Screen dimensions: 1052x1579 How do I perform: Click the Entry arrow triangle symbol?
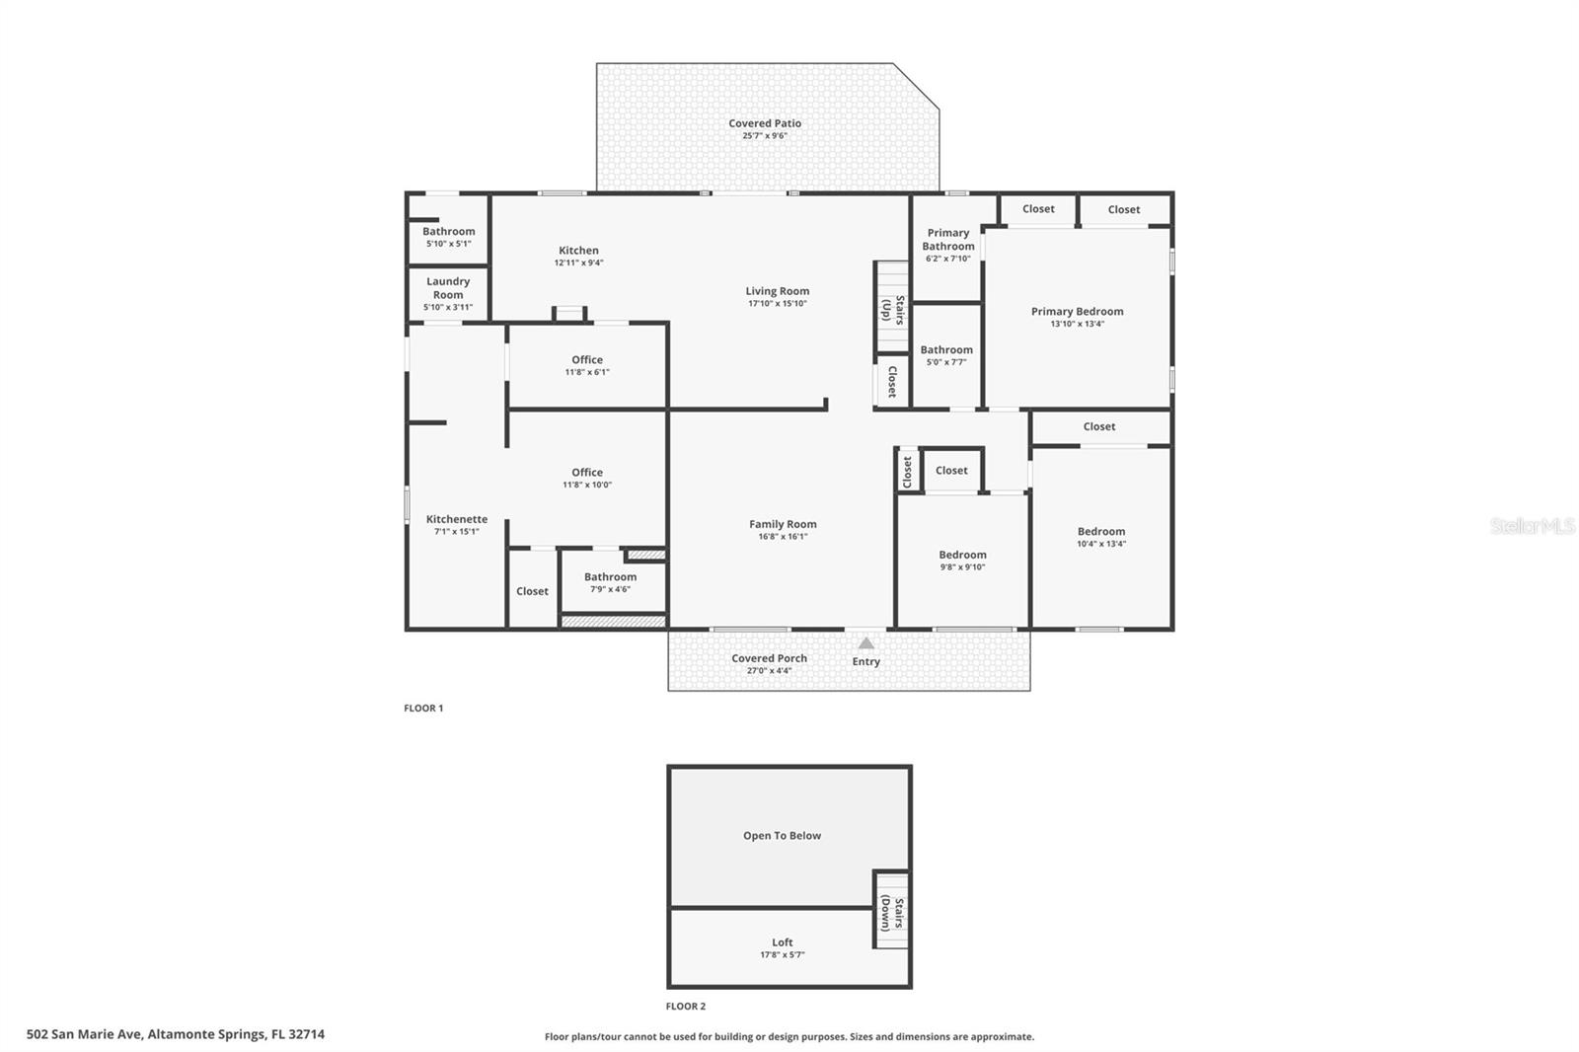pyautogui.click(x=865, y=643)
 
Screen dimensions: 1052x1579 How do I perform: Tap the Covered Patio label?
pyautogui.click(x=765, y=123)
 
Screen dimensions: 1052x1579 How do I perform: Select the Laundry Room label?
pyautogui.click(x=448, y=288)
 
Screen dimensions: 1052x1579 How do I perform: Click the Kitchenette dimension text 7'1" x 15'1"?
pyautogui.click(x=457, y=532)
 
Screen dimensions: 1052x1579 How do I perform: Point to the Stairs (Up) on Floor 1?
pyautogui.click(x=892, y=308)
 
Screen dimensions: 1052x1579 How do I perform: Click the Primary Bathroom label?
pyautogui.click(x=948, y=240)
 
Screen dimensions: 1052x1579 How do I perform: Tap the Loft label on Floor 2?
pyautogui.click(x=783, y=942)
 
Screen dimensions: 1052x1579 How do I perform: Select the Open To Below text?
pyautogui.click(x=782, y=836)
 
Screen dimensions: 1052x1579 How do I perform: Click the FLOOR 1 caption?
pyautogui.click(x=423, y=709)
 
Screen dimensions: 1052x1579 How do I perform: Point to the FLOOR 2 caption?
pyautogui.click(x=686, y=1007)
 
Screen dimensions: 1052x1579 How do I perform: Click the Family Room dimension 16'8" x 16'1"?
pyautogui.click(x=783, y=537)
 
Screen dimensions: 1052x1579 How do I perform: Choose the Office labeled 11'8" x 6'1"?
pyautogui.click(x=587, y=360)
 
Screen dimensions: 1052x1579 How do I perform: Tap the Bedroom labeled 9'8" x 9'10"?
pyautogui.click(x=962, y=555)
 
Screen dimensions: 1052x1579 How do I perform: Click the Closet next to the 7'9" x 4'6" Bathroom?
pyautogui.click(x=532, y=591)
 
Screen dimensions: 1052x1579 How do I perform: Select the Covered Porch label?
pyautogui.click(x=769, y=658)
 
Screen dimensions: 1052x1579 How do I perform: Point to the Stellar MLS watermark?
pyautogui.click(x=1532, y=526)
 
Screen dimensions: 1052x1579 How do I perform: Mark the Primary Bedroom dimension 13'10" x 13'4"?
pyautogui.click(x=1077, y=324)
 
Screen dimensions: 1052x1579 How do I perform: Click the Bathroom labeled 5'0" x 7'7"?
pyautogui.click(x=946, y=349)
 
